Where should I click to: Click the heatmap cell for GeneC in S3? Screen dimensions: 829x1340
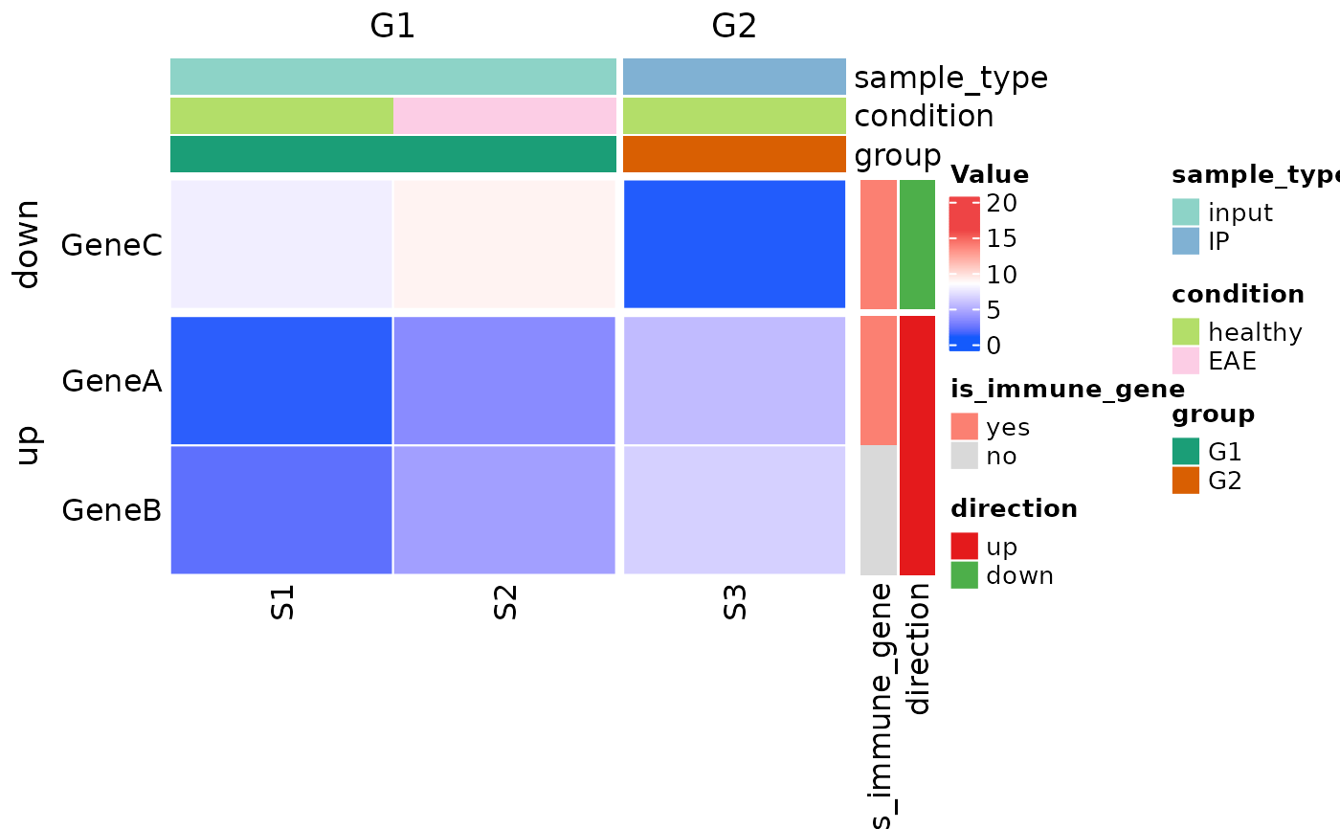pos(734,244)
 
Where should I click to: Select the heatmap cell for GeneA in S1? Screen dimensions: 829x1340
pos(281,380)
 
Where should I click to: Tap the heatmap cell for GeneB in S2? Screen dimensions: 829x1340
pos(504,510)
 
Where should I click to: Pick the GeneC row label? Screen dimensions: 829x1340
pos(111,245)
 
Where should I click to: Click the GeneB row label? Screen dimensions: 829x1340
pos(111,510)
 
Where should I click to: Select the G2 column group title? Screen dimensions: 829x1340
pos(734,27)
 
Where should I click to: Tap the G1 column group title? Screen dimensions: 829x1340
pos(392,27)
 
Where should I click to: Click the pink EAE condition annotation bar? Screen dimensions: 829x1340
pos(504,116)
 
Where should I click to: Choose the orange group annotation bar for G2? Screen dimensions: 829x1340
pos(734,154)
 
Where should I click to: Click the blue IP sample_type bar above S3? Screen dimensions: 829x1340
pos(734,77)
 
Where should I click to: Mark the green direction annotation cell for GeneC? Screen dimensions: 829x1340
pos(917,244)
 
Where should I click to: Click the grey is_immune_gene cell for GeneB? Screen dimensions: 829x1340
pos(879,510)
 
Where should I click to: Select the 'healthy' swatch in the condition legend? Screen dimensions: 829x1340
pos(1186,331)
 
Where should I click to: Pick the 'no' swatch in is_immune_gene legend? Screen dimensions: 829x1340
pos(964,456)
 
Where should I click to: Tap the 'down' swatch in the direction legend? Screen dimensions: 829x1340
pos(964,575)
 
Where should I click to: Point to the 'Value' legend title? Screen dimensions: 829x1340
pos(990,175)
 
